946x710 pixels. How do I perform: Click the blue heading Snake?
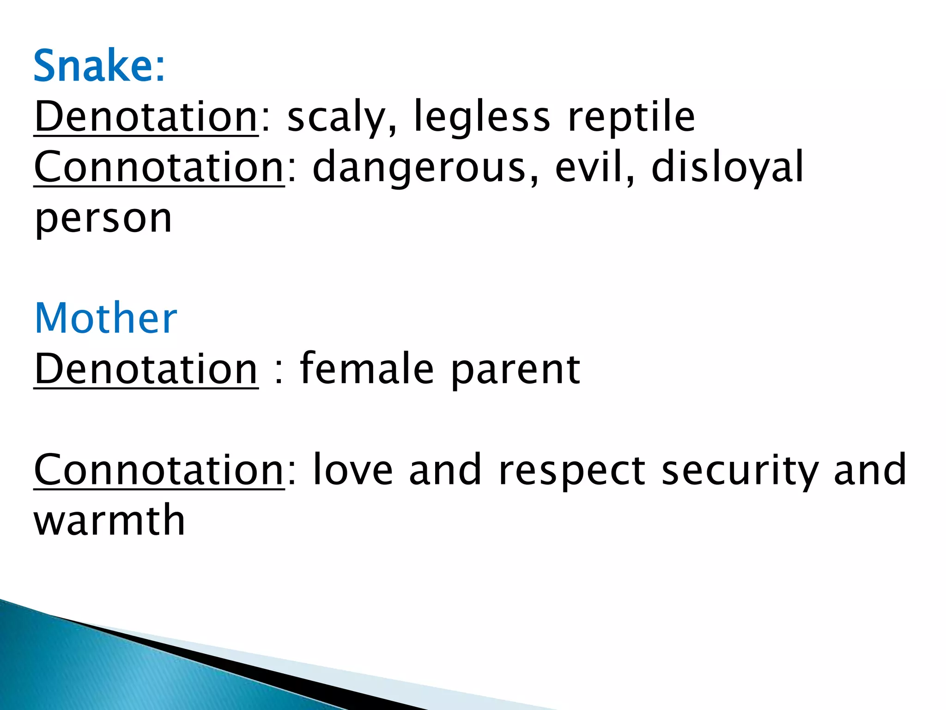pyautogui.click(x=99, y=67)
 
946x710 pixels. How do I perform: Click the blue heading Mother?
pyautogui.click(x=106, y=318)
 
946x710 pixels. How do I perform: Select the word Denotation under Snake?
pyautogui.click(x=146, y=116)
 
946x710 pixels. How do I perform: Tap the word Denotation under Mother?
pyautogui.click(x=146, y=369)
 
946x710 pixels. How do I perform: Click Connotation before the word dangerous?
pyautogui.click(x=159, y=167)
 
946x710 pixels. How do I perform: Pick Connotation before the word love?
pyautogui.click(x=159, y=470)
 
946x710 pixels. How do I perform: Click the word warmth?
pyautogui.click(x=109, y=520)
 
